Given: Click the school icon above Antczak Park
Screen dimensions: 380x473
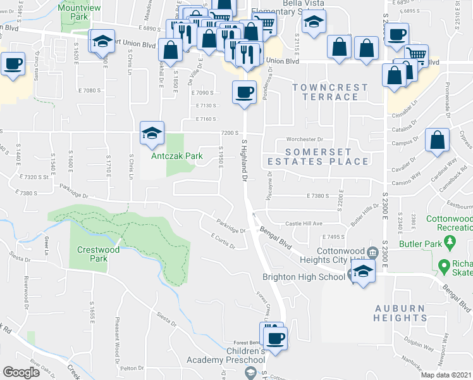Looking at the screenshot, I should coord(152,133).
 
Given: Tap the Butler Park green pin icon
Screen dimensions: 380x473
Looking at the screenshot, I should coord(450,241).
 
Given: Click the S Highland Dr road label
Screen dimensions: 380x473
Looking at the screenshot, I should coord(243,161).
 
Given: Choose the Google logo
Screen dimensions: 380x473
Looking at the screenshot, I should coord(21,372).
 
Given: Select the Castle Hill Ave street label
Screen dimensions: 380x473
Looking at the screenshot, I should coord(304,224).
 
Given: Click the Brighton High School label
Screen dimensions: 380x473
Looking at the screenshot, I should coord(304,277).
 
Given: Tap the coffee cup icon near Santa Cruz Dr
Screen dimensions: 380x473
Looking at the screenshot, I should coord(13,64).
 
